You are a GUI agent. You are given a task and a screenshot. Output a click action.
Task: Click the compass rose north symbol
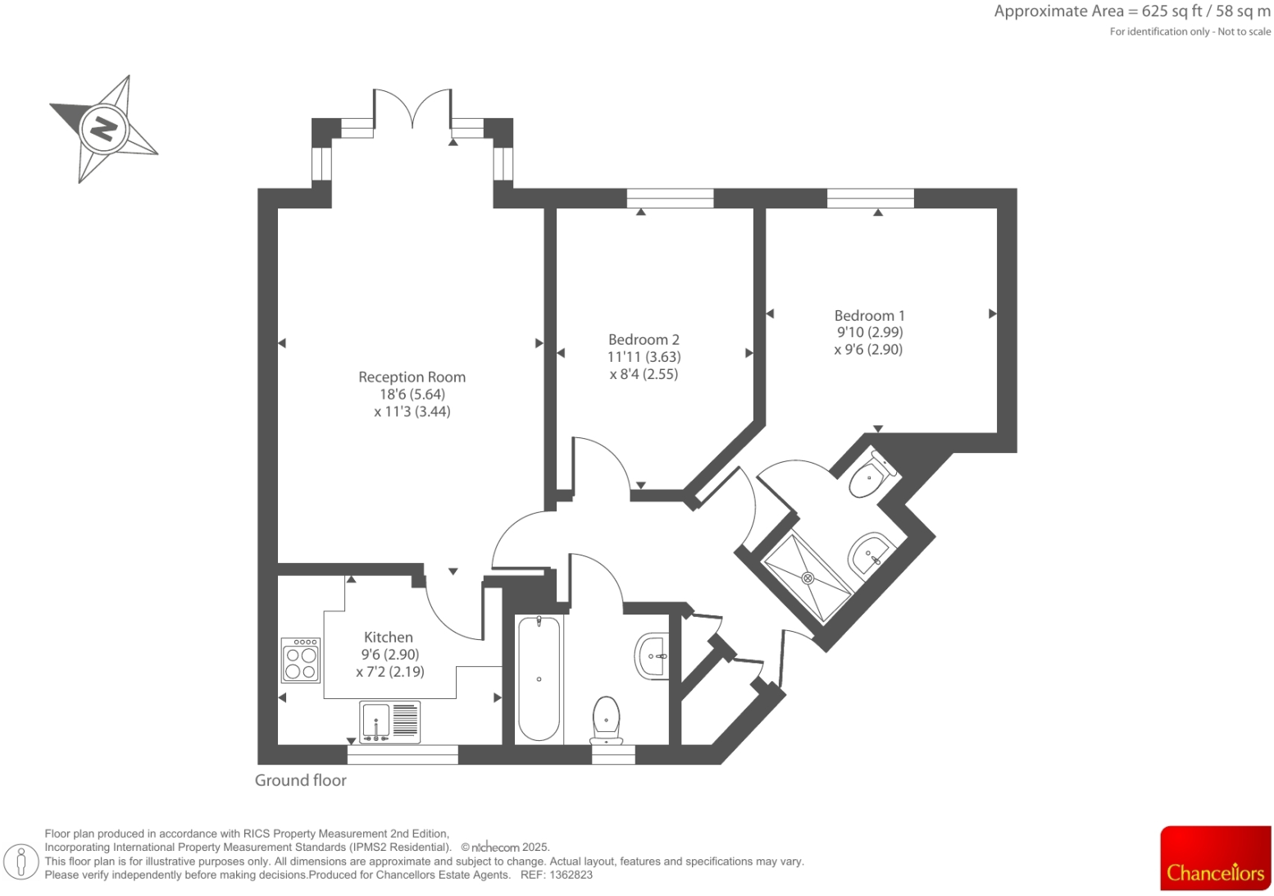point(103,129)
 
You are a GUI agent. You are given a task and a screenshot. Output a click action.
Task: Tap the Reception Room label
point(412,377)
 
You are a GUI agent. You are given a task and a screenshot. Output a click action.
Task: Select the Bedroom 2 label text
point(644,340)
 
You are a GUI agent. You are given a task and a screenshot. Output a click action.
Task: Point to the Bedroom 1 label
point(869,316)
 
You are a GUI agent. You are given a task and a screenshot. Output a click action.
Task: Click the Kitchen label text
point(388,638)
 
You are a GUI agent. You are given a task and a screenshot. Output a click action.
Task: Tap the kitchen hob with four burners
point(300,661)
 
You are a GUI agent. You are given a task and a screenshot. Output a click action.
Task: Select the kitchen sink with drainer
point(390,722)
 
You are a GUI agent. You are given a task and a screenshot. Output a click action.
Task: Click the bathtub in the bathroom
point(539,679)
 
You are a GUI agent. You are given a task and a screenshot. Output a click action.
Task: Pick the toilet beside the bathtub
point(606,720)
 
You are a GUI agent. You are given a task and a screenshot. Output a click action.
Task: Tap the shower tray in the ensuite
point(808,578)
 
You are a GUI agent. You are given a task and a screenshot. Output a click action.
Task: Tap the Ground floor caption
point(301,780)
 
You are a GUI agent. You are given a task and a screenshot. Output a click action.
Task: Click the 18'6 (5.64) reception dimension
point(412,395)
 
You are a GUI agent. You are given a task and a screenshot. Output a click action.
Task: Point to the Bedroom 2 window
point(670,198)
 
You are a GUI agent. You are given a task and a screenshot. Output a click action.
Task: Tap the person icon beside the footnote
point(22,862)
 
